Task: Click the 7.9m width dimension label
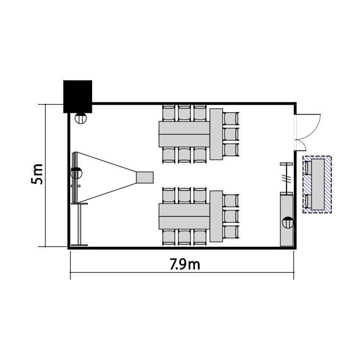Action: click(x=185, y=264)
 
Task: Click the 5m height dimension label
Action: click(x=37, y=174)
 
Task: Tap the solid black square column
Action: click(x=78, y=96)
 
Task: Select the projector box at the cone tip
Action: click(x=145, y=177)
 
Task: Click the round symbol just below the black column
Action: click(x=81, y=118)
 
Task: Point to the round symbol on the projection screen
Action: click(x=76, y=173)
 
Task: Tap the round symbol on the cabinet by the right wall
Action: click(x=288, y=222)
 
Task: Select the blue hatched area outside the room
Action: click(x=317, y=185)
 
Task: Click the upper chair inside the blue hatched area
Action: click(x=308, y=168)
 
